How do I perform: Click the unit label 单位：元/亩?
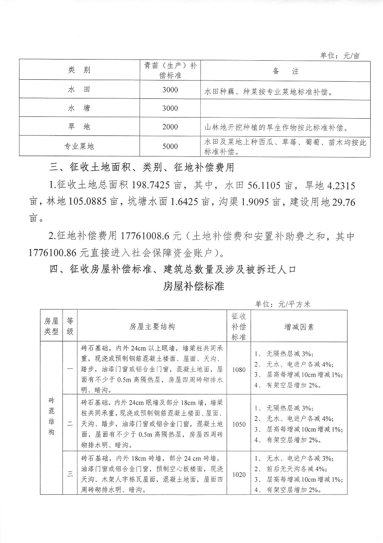[x=340, y=56]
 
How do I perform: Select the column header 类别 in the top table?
[x=79, y=70]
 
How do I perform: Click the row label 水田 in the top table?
[x=79, y=90]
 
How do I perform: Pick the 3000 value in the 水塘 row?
[x=170, y=109]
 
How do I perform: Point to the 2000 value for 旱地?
[x=170, y=127]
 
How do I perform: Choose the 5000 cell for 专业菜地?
[x=170, y=146]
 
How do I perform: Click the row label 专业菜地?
[x=79, y=146]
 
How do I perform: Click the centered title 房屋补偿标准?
[x=194, y=286]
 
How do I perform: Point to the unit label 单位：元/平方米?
[x=283, y=304]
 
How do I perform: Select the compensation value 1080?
[x=239, y=370]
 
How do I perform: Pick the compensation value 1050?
[x=239, y=424]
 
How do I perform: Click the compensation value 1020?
[x=239, y=475]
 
